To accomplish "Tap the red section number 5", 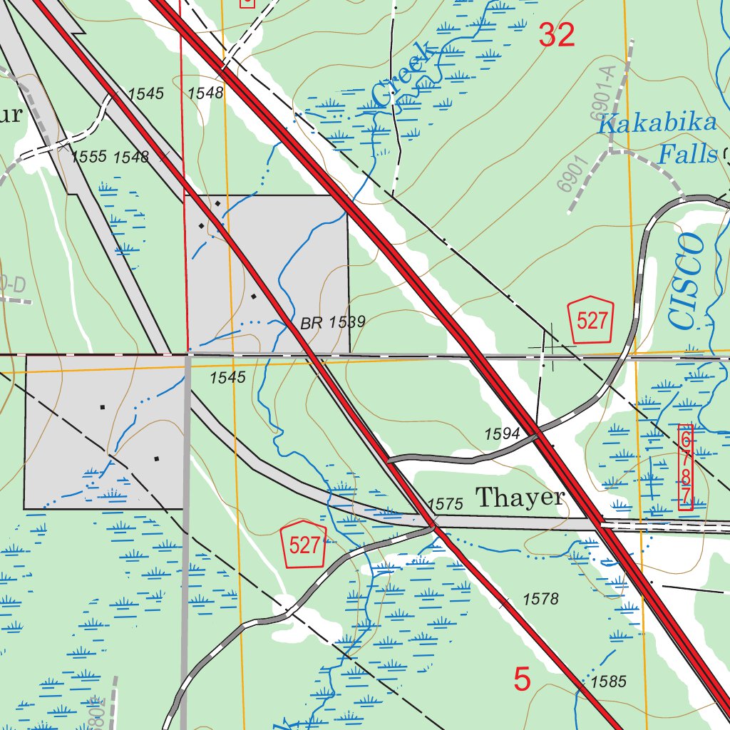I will (523, 679).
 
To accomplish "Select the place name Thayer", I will (520, 497).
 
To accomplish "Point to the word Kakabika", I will (657, 123).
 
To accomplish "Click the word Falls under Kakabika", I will (687, 153).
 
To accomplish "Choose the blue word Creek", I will (404, 75).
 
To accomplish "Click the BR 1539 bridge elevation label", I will (333, 323).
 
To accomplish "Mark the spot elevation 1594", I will (502, 433).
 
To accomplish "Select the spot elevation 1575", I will (446, 504).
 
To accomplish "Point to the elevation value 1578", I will (540, 599).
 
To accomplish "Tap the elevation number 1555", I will (89, 157).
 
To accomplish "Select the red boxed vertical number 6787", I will (685, 467).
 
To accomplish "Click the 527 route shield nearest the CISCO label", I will (591, 320).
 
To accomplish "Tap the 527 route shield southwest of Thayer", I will (304, 545).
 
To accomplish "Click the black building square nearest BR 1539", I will (254, 295).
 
